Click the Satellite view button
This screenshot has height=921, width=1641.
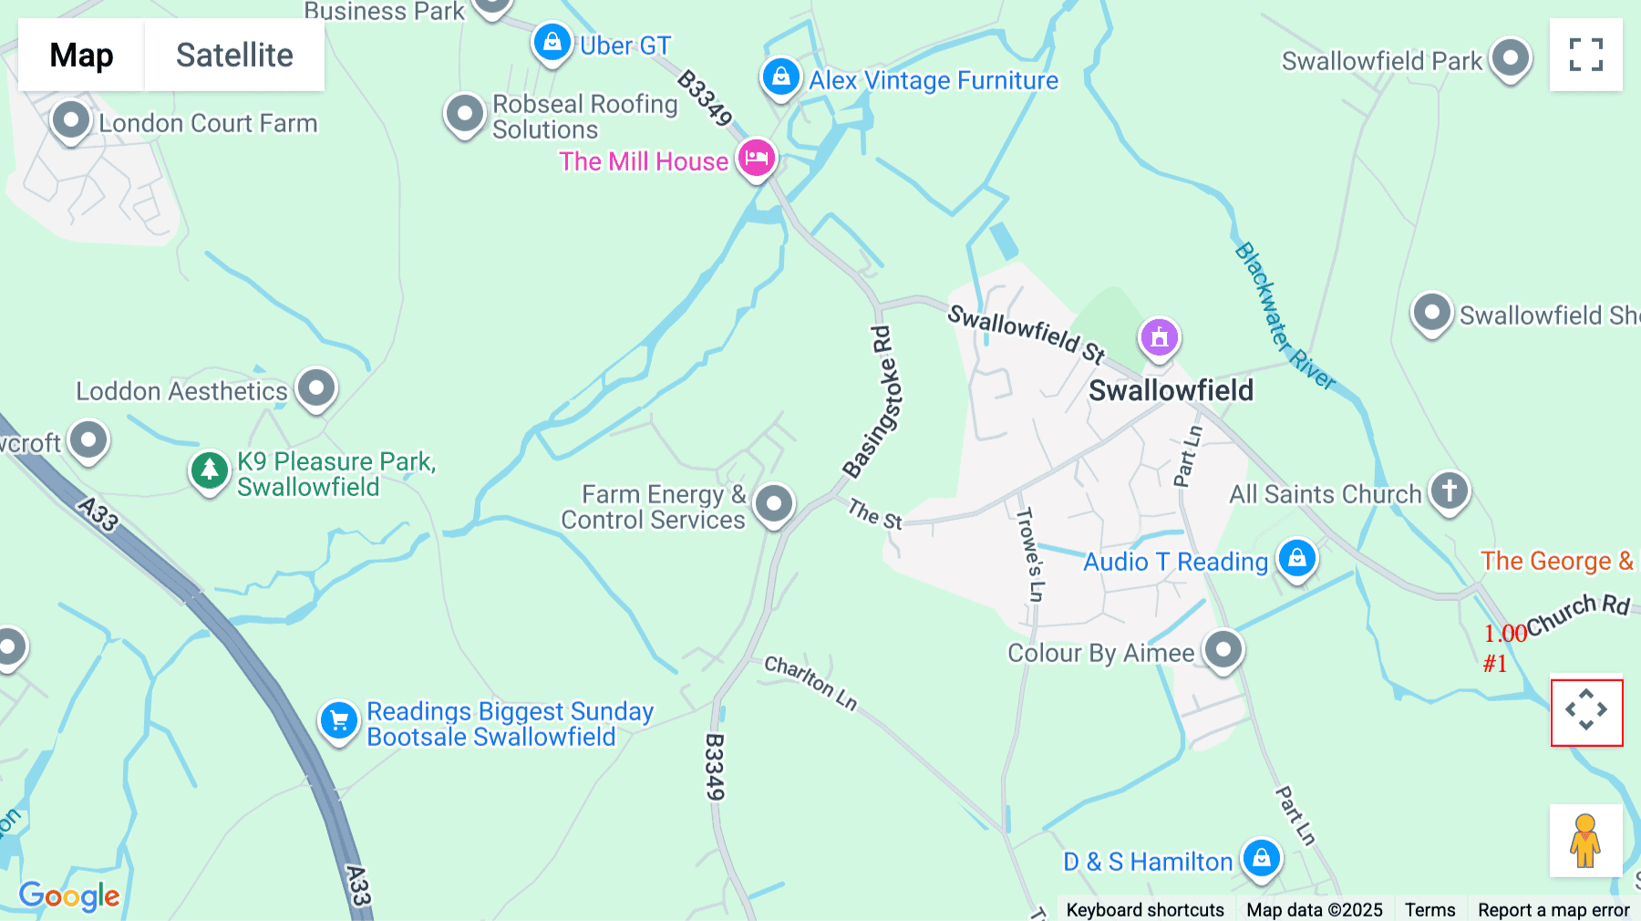234,55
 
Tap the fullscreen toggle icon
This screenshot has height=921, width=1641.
1585,55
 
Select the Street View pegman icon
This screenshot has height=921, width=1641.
1585,840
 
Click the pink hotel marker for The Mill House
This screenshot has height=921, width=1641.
756,159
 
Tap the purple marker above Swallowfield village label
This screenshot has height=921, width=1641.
1159,337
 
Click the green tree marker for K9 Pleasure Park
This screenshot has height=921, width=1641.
209,471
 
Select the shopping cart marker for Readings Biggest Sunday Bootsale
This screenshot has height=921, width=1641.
338,721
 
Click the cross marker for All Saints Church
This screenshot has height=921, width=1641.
1449,491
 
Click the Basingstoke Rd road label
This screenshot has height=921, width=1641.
874,402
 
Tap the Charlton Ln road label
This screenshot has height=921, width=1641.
810,682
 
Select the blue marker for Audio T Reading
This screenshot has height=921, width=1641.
1296,558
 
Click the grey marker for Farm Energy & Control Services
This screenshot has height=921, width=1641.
774,503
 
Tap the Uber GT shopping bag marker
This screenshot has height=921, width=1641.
552,42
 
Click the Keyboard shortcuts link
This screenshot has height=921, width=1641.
1144,909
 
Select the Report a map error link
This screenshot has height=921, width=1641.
1553,909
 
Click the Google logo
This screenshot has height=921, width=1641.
69,895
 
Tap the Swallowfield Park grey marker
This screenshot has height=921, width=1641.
1510,58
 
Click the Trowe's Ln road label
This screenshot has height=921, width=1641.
1029,554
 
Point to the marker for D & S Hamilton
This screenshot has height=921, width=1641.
1261,857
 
